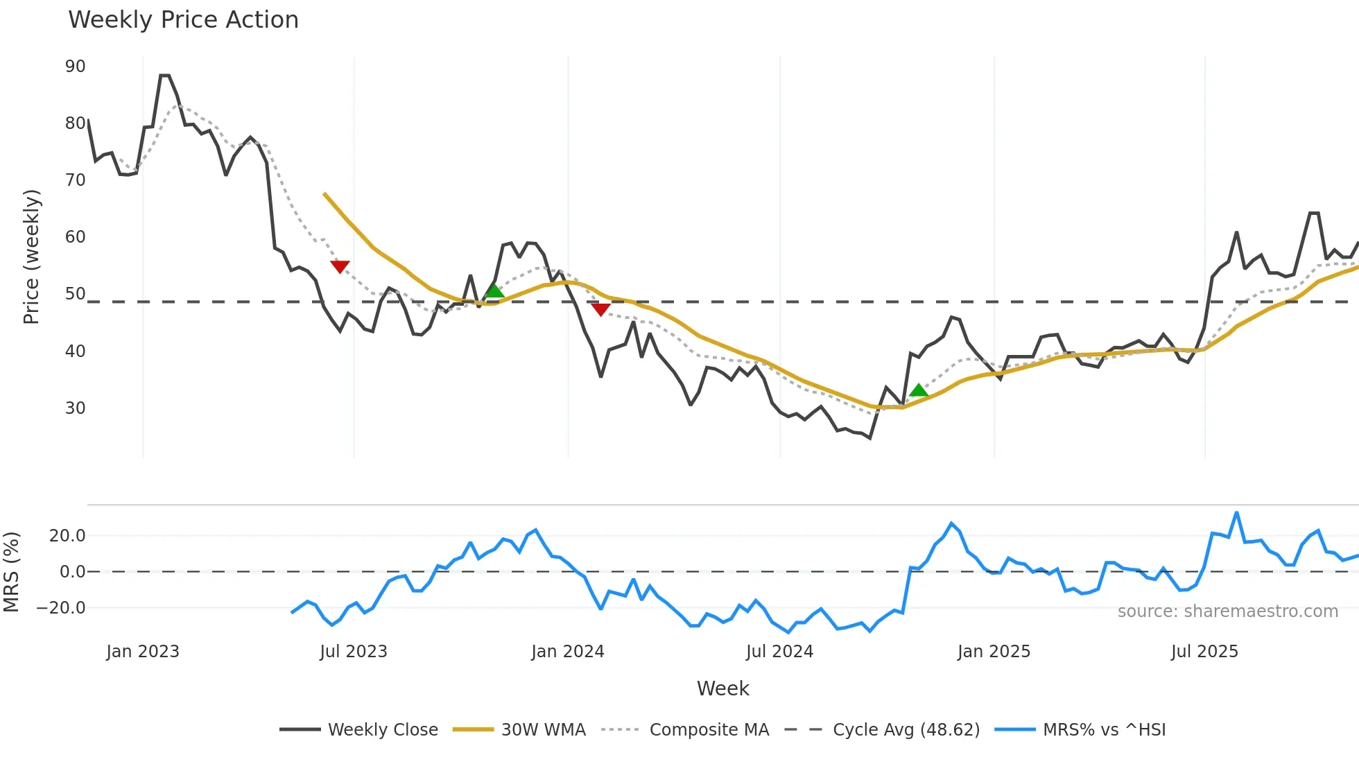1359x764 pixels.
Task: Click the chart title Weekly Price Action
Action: coord(183,20)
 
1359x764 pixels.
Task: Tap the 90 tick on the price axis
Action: coord(75,67)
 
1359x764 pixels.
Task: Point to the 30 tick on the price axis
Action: coord(75,408)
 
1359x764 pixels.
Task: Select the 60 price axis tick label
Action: coord(75,237)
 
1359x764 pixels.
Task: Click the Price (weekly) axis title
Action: coord(31,257)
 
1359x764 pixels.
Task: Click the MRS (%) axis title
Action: coord(11,572)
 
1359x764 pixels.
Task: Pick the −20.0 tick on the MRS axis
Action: coord(60,608)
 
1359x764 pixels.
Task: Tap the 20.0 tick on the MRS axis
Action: coord(67,536)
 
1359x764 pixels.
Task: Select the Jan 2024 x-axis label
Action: coord(568,652)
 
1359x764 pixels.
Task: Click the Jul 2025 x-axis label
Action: coord(1204,652)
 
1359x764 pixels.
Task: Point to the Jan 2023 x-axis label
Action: coord(143,652)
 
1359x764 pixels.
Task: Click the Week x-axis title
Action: coord(722,688)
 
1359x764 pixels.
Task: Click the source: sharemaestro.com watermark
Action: coord(1227,611)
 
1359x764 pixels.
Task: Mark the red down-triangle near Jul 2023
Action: coord(340,267)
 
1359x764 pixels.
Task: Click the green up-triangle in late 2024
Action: coord(919,390)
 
